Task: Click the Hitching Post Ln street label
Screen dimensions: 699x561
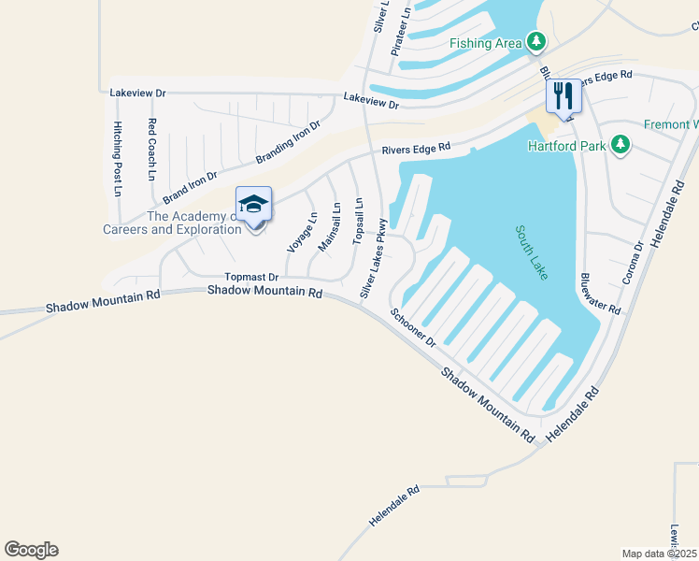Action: click(x=118, y=158)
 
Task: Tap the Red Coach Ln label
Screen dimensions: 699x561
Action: click(x=151, y=150)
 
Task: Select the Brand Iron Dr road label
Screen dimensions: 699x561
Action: click(x=190, y=187)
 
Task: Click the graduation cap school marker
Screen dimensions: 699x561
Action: click(x=254, y=205)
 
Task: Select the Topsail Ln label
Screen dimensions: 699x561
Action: click(x=358, y=222)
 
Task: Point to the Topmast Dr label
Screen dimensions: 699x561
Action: click(x=251, y=277)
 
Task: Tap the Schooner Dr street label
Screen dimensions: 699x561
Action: click(x=414, y=328)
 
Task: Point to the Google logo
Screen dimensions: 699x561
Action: click(x=31, y=550)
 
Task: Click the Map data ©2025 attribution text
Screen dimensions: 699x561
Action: click(x=660, y=554)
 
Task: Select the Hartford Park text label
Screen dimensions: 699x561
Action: click(x=566, y=146)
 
